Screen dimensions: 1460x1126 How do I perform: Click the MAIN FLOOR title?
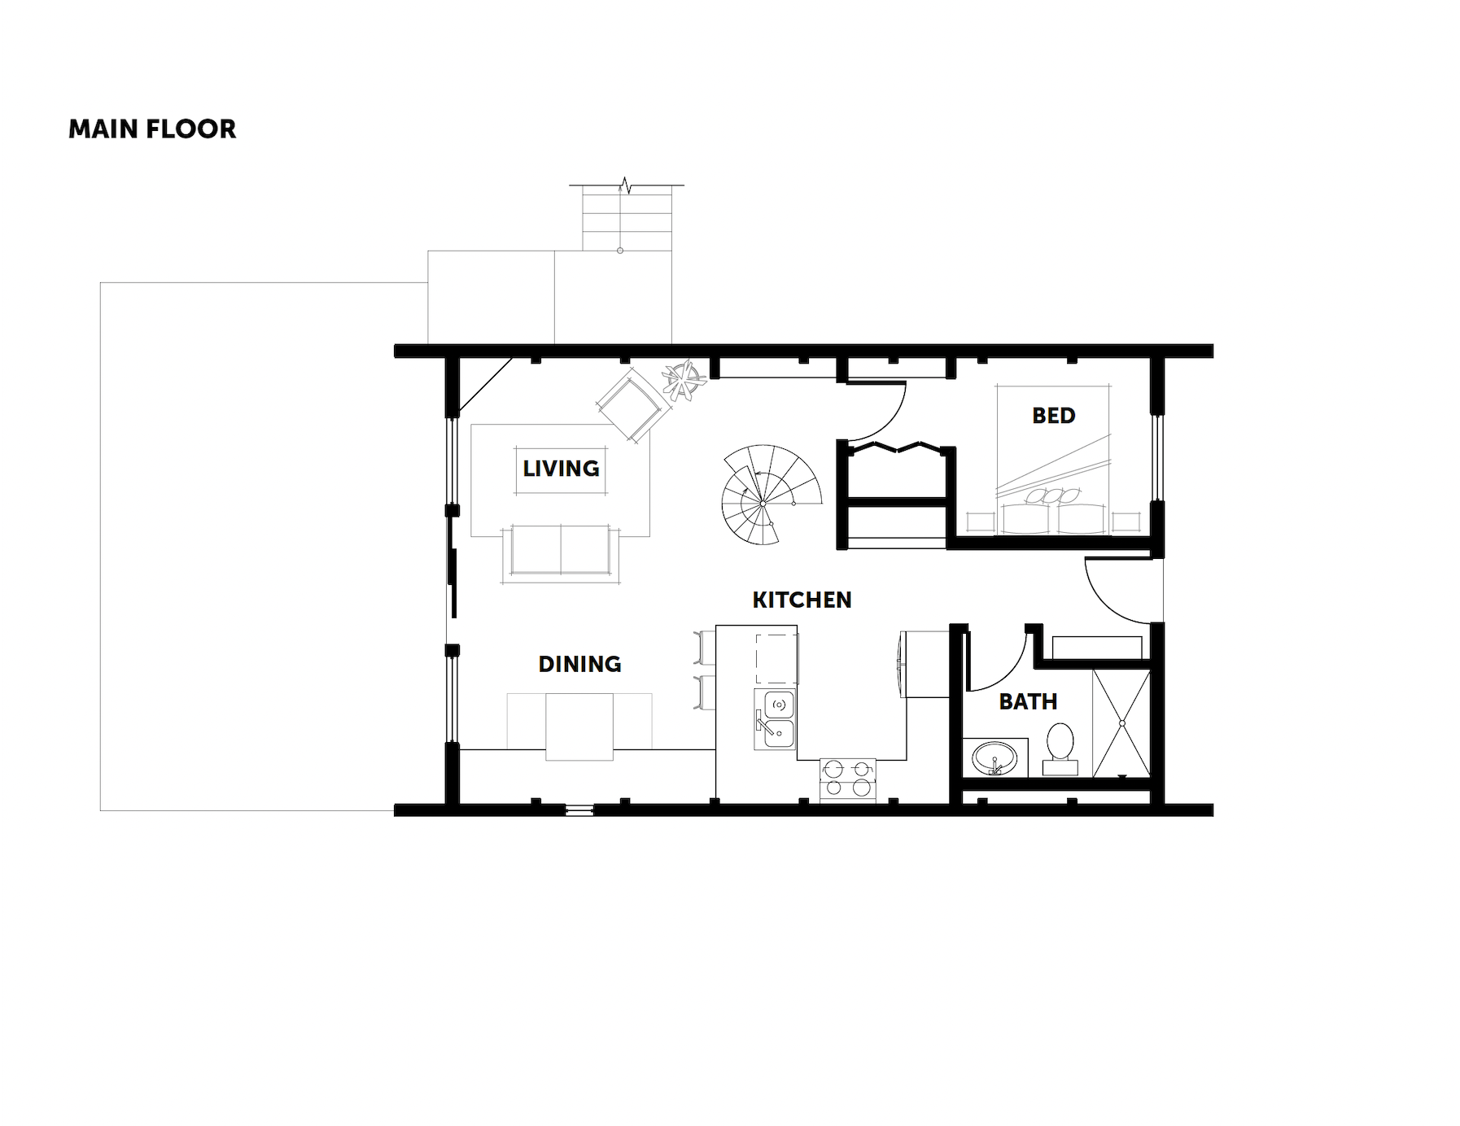pos(152,129)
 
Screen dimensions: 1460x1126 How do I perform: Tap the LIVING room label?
pos(561,469)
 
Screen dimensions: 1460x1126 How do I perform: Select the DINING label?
pos(579,664)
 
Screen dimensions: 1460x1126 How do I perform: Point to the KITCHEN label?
pos(802,600)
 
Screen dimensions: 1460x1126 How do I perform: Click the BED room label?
pos(1054,416)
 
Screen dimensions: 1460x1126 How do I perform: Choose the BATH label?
pos(1028,701)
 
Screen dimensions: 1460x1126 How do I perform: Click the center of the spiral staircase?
pos(763,504)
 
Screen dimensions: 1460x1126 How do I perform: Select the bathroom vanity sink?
pos(994,758)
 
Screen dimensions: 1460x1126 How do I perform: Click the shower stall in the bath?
pos(1121,722)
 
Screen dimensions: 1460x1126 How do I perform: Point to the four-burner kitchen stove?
pos(848,778)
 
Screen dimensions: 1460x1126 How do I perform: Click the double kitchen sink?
pos(774,719)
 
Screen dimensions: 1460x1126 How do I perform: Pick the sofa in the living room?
pos(561,553)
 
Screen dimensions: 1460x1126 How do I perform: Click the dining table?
pos(579,727)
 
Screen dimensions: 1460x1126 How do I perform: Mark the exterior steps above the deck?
pos(627,218)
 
